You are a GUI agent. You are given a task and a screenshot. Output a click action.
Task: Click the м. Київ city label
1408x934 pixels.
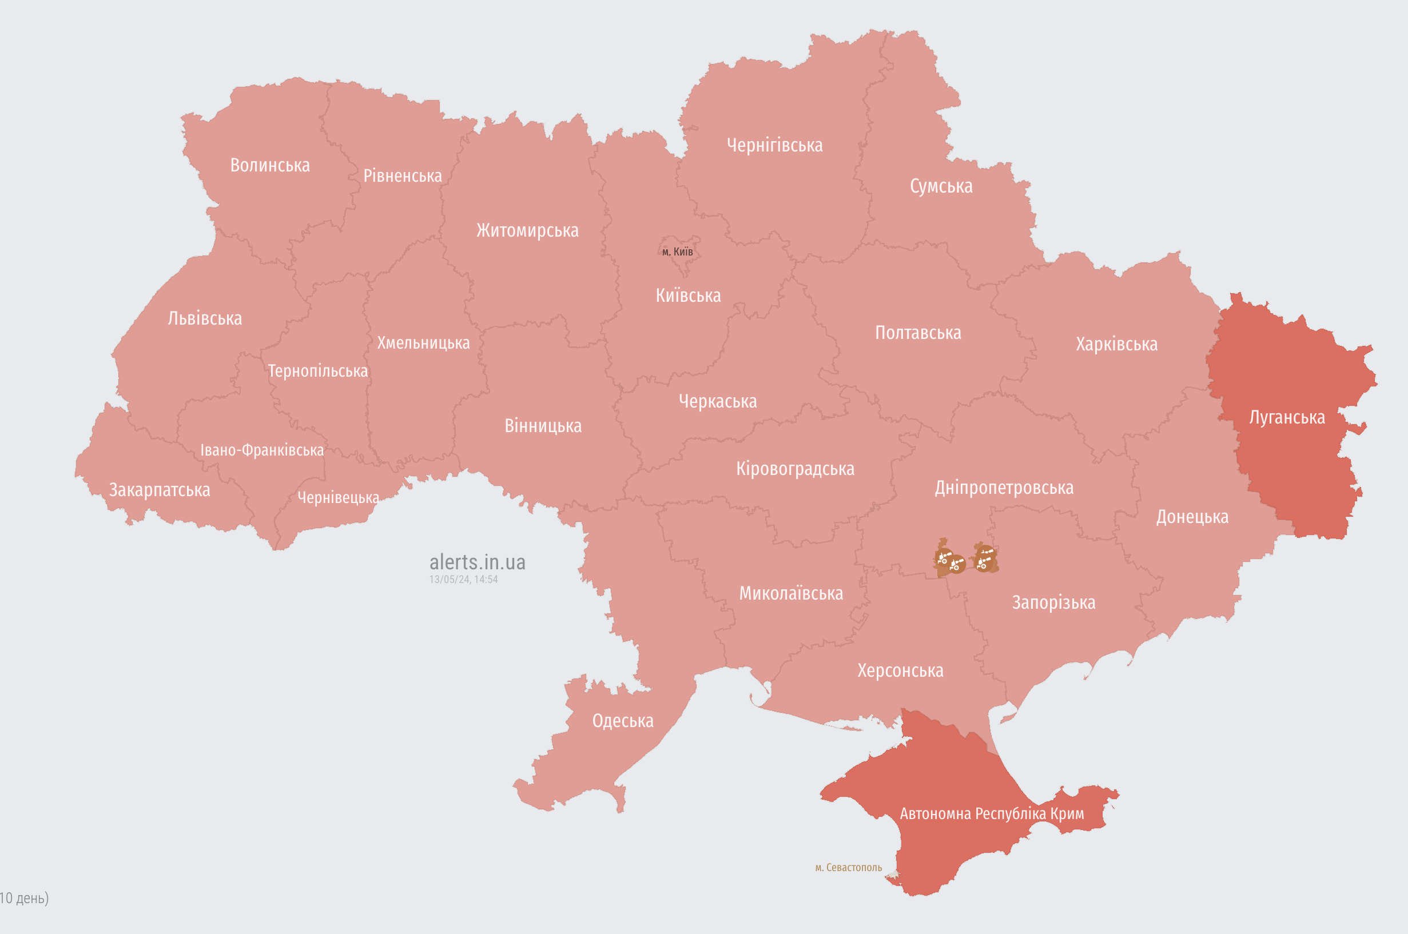point(678,252)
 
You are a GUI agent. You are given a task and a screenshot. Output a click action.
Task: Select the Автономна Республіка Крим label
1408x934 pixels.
point(992,813)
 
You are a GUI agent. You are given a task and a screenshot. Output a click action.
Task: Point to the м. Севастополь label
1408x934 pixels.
point(849,867)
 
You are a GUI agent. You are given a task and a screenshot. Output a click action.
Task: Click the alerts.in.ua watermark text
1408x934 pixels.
point(478,562)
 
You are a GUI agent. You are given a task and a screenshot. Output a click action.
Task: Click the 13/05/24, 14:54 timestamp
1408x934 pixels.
point(463,579)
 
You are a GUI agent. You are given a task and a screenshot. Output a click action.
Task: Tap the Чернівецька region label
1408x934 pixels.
point(338,497)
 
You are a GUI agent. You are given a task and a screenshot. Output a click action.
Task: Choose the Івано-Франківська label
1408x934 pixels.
point(261,450)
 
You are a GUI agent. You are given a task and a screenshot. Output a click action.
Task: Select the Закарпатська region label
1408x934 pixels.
point(159,490)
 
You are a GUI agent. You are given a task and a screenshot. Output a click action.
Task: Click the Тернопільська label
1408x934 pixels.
point(317,371)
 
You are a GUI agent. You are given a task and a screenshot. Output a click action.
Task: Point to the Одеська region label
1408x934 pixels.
point(623,721)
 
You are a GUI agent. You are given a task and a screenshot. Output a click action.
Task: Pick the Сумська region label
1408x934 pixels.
point(941,186)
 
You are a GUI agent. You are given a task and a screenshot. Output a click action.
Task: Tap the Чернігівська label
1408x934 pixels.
point(774,145)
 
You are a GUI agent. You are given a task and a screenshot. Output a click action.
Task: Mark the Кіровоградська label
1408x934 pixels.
point(795,469)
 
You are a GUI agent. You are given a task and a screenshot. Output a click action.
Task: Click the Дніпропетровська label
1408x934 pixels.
point(1004,488)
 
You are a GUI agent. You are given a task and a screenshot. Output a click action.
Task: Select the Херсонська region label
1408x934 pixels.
point(900,670)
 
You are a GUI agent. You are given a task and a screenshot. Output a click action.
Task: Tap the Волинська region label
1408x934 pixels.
point(270,165)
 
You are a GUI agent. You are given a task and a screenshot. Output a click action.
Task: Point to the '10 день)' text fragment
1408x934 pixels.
point(24,897)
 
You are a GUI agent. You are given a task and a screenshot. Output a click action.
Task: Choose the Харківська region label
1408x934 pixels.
point(1117,344)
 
